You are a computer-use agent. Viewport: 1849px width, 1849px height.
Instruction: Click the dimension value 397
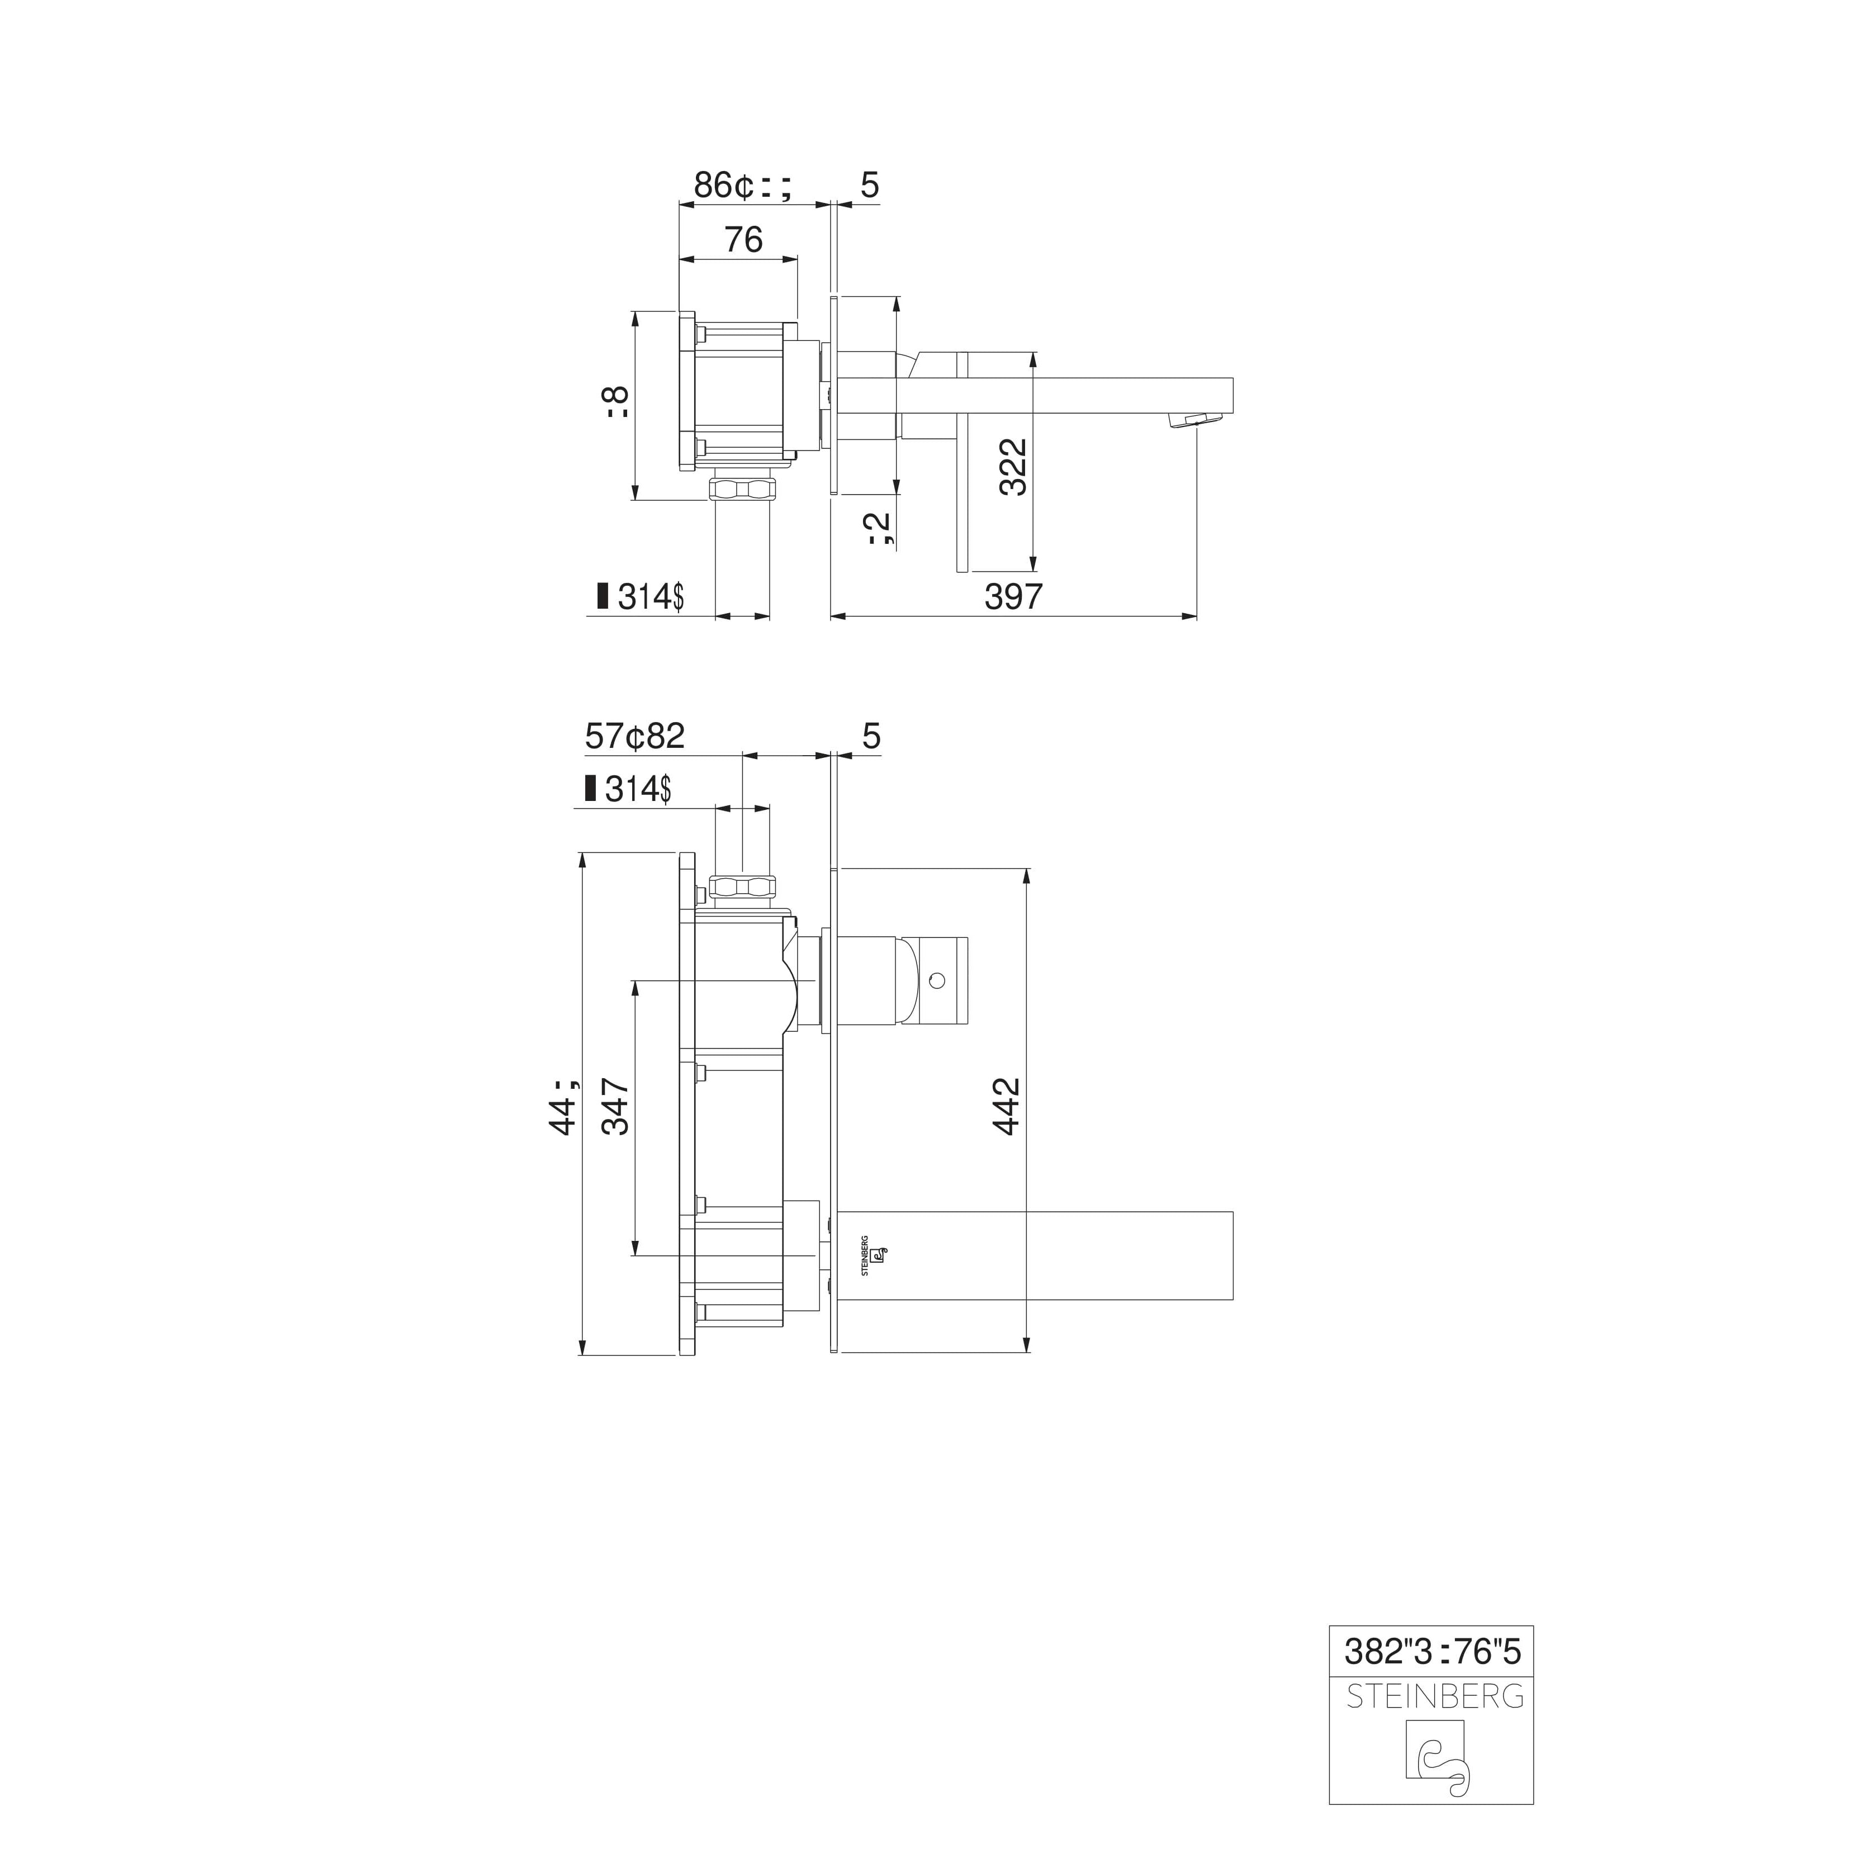pyautogui.click(x=1013, y=596)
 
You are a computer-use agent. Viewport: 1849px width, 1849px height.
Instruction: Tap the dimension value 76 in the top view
pyautogui.click(x=743, y=239)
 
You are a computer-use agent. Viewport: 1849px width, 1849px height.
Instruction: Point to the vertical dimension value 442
pyautogui.click(x=1007, y=1106)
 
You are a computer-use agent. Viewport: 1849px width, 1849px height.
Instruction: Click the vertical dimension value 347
pyautogui.click(x=615, y=1106)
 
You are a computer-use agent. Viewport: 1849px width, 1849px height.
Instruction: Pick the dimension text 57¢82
pyautogui.click(x=634, y=736)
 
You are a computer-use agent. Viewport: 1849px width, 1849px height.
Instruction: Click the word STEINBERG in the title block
pyautogui.click(x=1435, y=1697)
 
